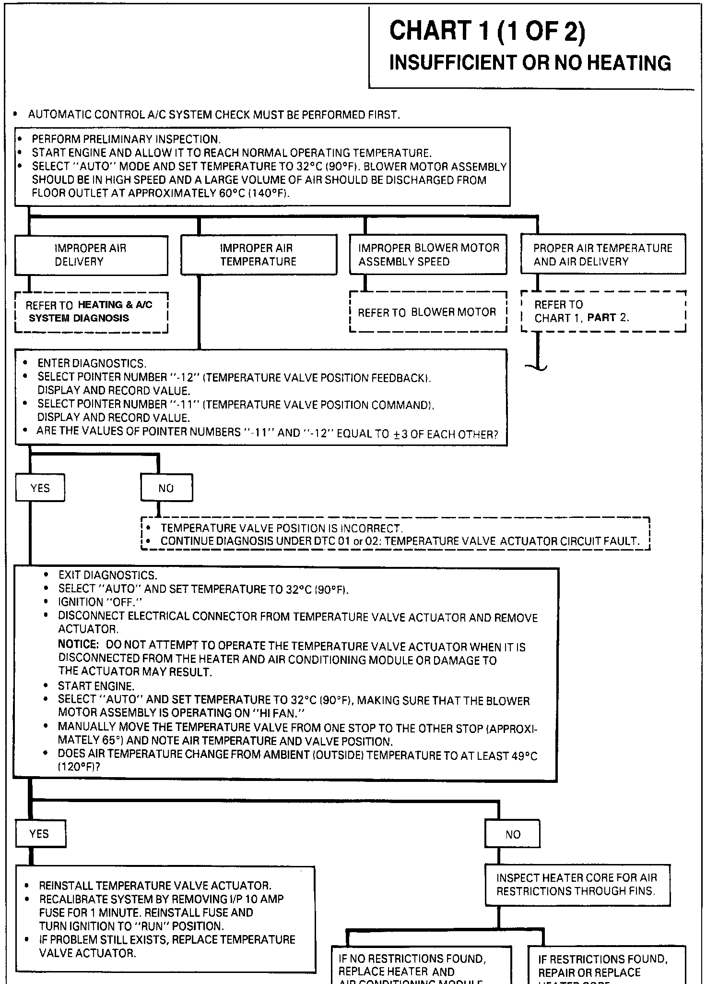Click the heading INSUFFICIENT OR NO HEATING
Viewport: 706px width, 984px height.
(x=530, y=63)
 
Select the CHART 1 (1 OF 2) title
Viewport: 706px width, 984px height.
(x=487, y=31)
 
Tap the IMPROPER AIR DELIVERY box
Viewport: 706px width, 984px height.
(x=91, y=255)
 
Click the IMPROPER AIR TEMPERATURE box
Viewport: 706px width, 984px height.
(x=259, y=255)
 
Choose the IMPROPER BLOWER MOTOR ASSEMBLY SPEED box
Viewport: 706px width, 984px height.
(x=428, y=255)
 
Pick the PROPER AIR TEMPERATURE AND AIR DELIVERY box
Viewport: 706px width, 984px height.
(x=603, y=255)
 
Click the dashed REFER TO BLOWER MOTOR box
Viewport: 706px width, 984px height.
(x=428, y=312)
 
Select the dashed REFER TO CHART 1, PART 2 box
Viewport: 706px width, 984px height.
(x=603, y=311)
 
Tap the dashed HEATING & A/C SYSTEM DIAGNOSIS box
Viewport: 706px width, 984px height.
(x=91, y=312)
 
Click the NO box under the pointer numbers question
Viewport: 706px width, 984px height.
(x=166, y=488)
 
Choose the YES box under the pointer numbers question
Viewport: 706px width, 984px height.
(x=40, y=488)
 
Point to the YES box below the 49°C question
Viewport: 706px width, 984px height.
(x=40, y=834)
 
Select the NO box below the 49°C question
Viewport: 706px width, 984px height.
(x=512, y=834)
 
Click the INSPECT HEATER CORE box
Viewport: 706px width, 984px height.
(x=577, y=884)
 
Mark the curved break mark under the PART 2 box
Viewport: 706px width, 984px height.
(x=537, y=368)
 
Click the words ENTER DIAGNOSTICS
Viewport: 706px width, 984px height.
(x=92, y=363)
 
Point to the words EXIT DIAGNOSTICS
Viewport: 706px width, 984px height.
(x=107, y=575)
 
